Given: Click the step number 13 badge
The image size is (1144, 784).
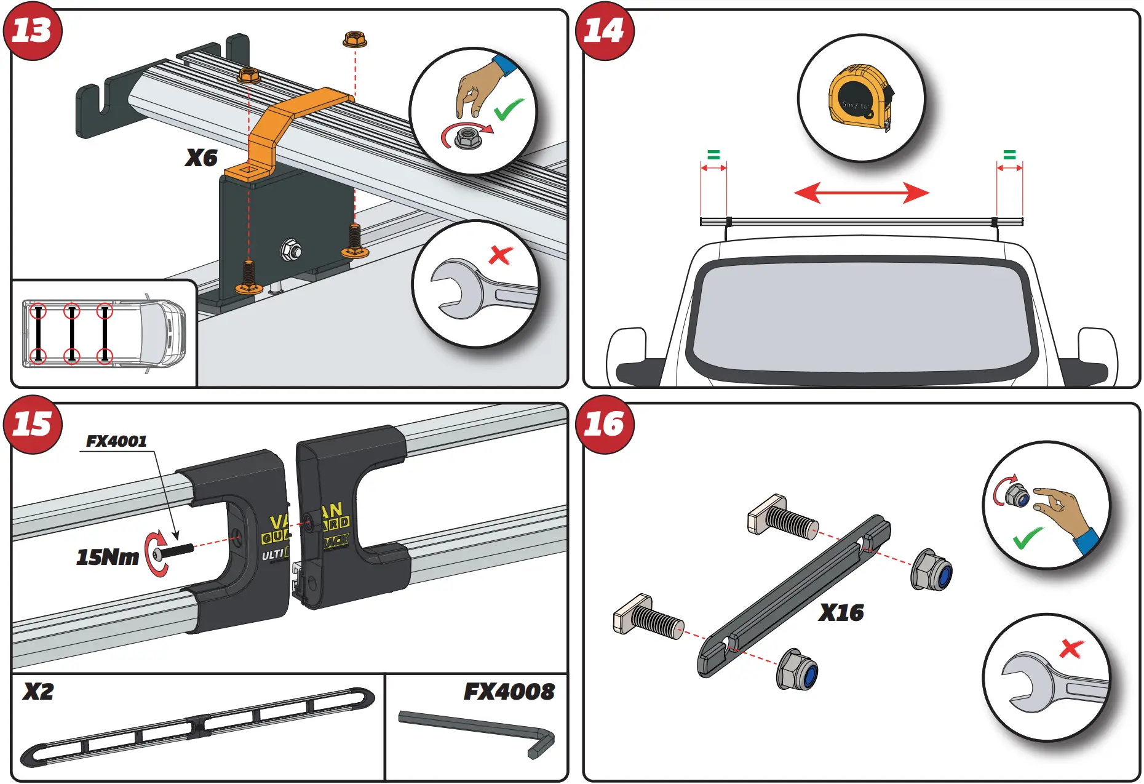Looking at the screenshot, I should pos(32,31).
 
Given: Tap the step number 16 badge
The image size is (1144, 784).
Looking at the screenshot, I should pos(604,425).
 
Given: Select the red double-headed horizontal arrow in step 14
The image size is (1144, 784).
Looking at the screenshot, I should pos(861,193).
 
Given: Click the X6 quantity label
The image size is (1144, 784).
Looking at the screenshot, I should pos(201,158).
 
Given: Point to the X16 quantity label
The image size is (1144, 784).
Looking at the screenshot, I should pos(841,612).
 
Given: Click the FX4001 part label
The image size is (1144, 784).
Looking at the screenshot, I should pos(116,441).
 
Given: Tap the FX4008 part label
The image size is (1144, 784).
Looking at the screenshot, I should pos(509,692).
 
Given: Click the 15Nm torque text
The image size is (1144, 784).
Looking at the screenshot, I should pos(107,557).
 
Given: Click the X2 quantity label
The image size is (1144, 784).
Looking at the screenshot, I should pos(38,692).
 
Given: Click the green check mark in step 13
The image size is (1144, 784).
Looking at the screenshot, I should pos(509,110).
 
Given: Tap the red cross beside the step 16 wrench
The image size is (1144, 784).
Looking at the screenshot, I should pos(1071,648).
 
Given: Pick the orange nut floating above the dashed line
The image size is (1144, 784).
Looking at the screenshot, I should pos(355,40).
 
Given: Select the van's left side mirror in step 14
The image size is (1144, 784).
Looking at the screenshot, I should pos(627,357).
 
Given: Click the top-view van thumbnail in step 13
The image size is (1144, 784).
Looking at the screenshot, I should pos(103,333).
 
